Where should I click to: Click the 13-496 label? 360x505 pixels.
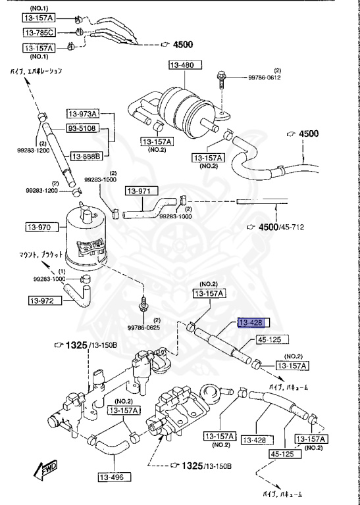coord(112,477)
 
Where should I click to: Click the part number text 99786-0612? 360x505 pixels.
coord(264,78)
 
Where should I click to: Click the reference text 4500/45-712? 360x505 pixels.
coord(283,227)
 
